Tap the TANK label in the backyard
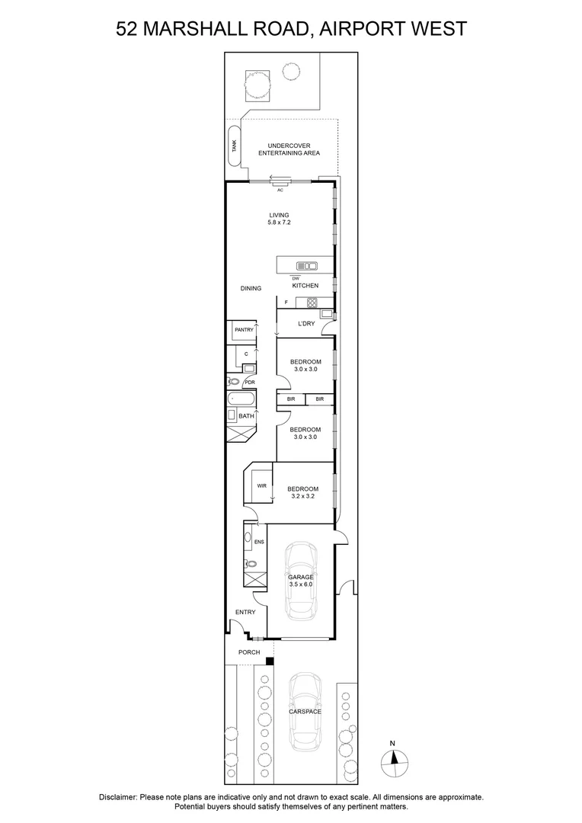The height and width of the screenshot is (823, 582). pyautogui.click(x=235, y=146)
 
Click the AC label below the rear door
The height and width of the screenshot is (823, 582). pyautogui.click(x=280, y=190)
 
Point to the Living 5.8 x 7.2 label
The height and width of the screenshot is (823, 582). pyautogui.click(x=279, y=219)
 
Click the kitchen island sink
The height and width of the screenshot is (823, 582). pyautogui.click(x=307, y=266)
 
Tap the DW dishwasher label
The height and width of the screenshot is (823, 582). pyautogui.click(x=296, y=278)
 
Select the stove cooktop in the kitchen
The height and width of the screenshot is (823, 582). pyautogui.click(x=312, y=303)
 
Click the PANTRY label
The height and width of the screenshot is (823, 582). pyautogui.click(x=244, y=330)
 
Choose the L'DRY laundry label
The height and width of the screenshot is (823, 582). pyautogui.click(x=305, y=324)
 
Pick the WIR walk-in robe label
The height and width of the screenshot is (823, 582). pyautogui.click(x=261, y=485)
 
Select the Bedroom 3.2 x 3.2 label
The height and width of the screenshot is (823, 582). pyautogui.click(x=303, y=492)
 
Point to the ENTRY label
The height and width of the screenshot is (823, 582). pyautogui.click(x=245, y=612)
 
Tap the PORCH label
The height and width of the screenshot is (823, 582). pyautogui.click(x=249, y=652)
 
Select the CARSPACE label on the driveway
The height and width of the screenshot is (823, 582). pyautogui.click(x=305, y=712)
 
